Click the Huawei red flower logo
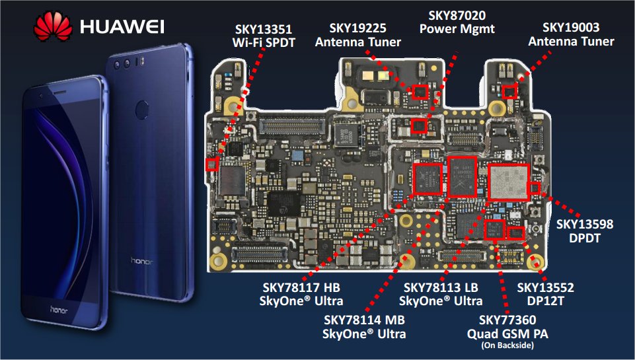[54, 26]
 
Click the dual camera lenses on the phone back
[125, 65]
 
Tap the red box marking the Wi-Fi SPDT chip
[212, 164]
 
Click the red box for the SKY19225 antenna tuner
[420, 92]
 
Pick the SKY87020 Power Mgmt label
[456, 22]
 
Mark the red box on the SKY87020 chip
[419, 126]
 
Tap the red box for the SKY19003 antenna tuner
[509, 92]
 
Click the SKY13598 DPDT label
[584, 231]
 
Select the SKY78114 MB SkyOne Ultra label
[363, 327]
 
